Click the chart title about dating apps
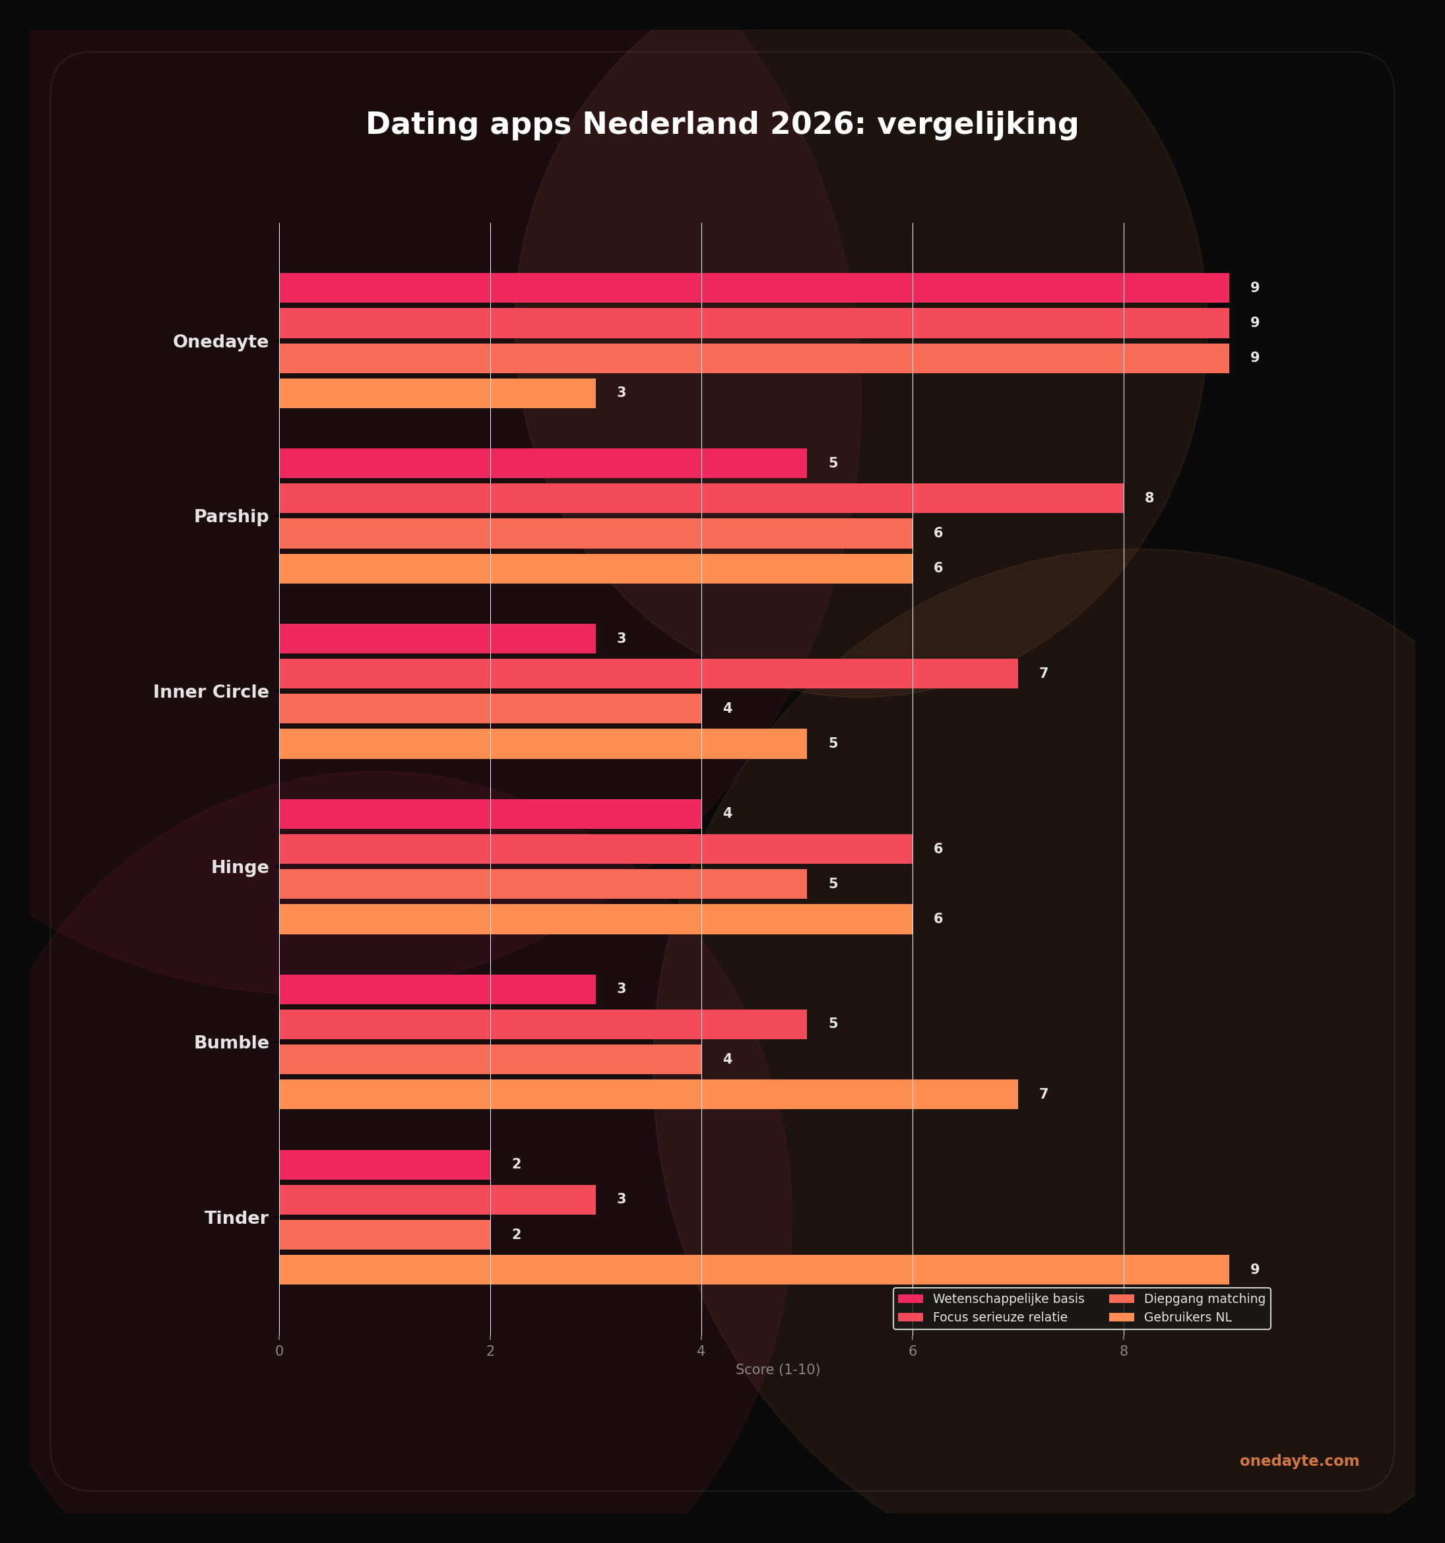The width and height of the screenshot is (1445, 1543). pyautogui.click(x=722, y=124)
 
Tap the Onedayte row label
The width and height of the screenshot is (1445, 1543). pyautogui.click(x=220, y=342)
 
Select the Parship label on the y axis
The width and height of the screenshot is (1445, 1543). pyautogui.click(x=232, y=516)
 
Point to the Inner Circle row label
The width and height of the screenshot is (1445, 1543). pyautogui.click(x=211, y=692)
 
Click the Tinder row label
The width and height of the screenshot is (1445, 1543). pyautogui.click(x=236, y=1218)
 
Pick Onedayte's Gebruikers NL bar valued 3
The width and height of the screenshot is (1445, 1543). pyautogui.click(x=437, y=394)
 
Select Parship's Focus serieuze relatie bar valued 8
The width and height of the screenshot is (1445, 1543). pyautogui.click(x=701, y=499)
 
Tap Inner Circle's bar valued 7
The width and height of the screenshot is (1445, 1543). pyautogui.click(x=649, y=674)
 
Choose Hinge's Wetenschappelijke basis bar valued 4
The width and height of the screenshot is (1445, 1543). pyautogui.click(x=490, y=814)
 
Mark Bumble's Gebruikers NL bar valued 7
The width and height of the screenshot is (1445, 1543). pyautogui.click(x=649, y=1095)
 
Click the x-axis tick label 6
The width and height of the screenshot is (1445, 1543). pyautogui.click(x=913, y=1351)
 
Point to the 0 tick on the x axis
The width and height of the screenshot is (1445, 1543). pyautogui.click(x=280, y=1351)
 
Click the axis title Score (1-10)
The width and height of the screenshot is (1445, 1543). pyautogui.click(x=777, y=1369)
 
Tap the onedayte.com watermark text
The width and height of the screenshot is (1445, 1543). pyautogui.click(x=1299, y=1461)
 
